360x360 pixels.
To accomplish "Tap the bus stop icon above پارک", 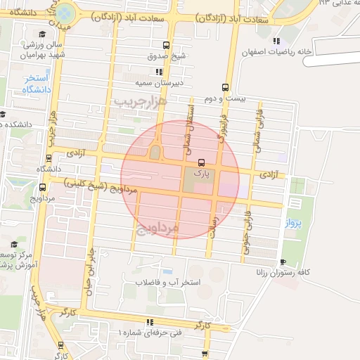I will pos(202,162).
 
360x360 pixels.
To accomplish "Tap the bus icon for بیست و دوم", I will pos(225,88).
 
